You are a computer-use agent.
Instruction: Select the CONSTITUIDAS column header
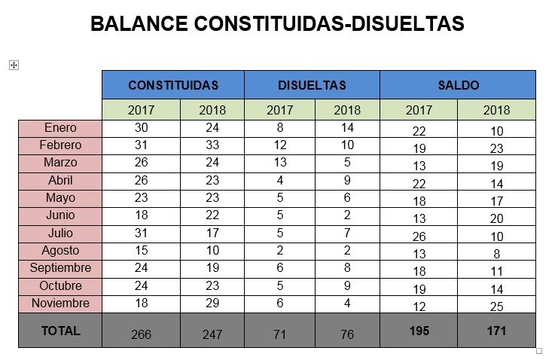tap(173, 85)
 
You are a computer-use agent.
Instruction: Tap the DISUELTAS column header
tap(312, 85)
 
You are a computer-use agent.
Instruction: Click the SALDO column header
tap(458, 85)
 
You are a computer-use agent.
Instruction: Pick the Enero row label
tap(60, 128)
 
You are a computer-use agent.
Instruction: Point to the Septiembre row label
tap(60, 268)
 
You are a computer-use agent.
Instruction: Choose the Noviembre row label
tap(60, 304)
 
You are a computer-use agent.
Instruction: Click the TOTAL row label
tap(60, 330)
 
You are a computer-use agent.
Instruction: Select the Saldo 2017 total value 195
tap(419, 331)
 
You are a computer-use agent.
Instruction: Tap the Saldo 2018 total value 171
tap(497, 331)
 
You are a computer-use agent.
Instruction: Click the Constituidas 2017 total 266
tap(141, 334)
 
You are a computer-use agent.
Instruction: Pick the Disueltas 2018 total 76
tap(347, 334)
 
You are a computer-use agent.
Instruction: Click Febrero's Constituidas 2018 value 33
tap(212, 145)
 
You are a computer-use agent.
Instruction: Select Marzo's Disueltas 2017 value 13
tap(279, 163)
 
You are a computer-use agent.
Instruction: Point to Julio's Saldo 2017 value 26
tap(419, 236)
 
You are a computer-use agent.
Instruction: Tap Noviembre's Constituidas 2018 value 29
tap(212, 304)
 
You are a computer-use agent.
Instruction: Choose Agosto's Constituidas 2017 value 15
tap(141, 251)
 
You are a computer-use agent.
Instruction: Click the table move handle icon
tap(14, 66)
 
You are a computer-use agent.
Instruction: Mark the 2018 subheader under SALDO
tap(497, 110)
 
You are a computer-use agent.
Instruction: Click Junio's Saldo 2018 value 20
tap(497, 219)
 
